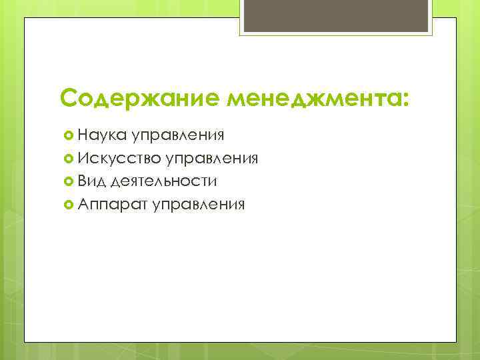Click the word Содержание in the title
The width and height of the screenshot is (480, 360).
(141, 99)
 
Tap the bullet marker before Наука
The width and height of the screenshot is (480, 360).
(67, 136)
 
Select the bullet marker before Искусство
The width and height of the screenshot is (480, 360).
(67, 159)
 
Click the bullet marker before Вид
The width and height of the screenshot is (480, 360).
(67, 181)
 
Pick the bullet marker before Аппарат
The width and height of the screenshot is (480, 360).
(67, 204)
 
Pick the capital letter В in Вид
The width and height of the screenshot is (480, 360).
(82, 181)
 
